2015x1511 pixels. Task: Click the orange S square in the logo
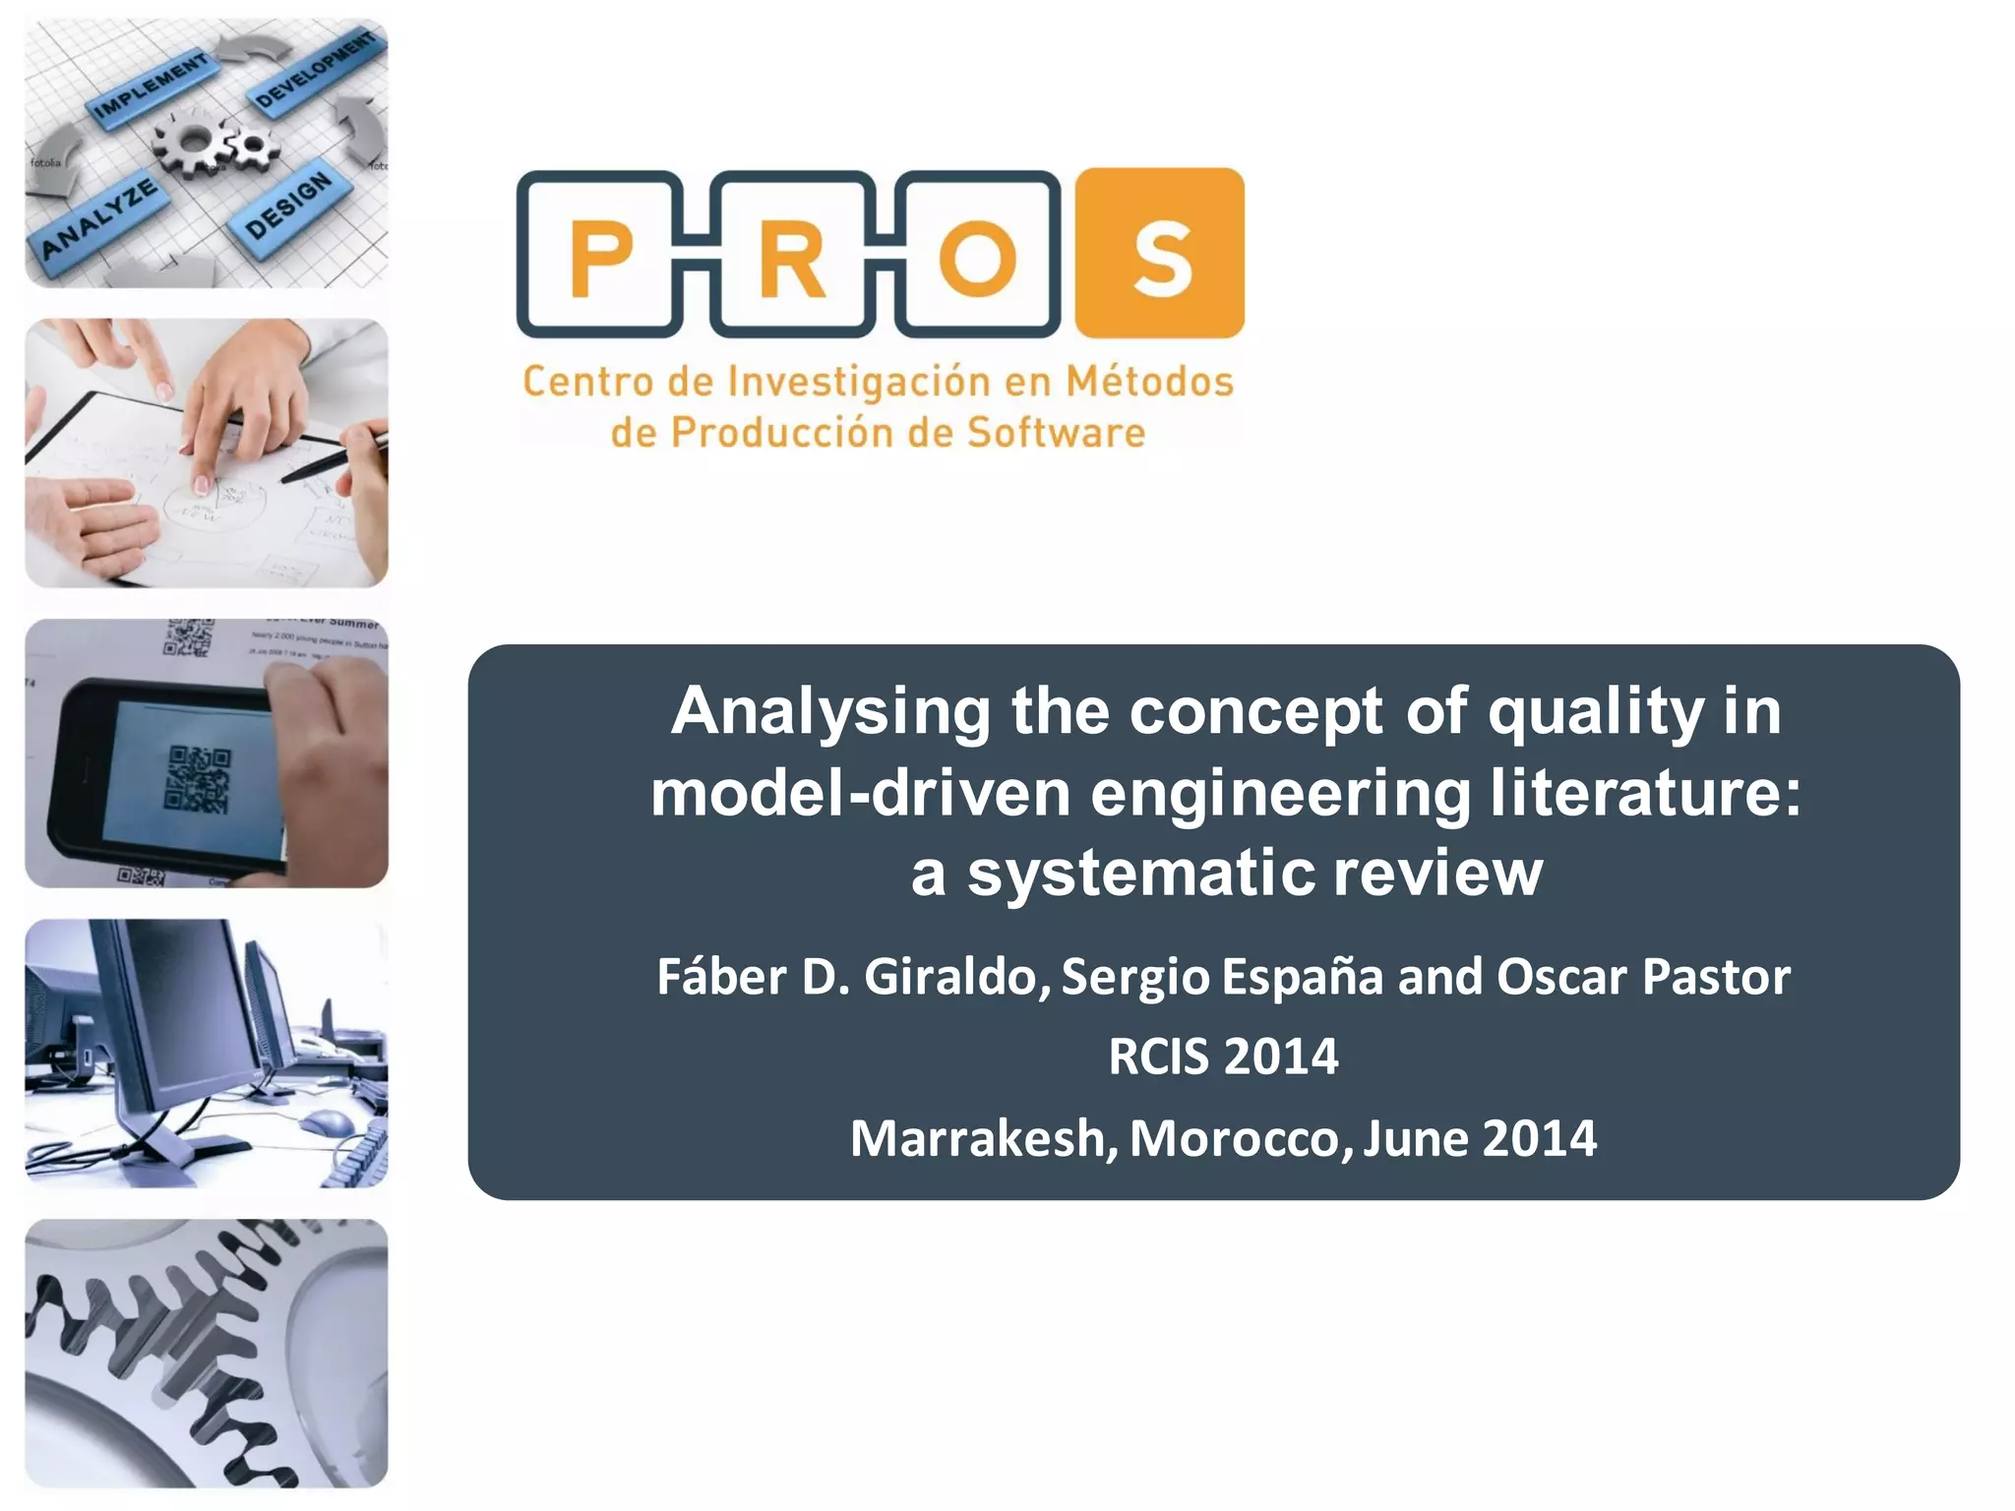click(x=1159, y=254)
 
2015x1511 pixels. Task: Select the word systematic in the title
click(x=1141, y=874)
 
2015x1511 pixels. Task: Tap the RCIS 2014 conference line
click(x=1223, y=1058)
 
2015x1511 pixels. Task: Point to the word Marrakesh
click(x=983, y=1138)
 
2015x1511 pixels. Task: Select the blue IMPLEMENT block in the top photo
click(x=150, y=88)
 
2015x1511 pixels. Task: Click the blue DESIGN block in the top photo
click(x=290, y=205)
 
